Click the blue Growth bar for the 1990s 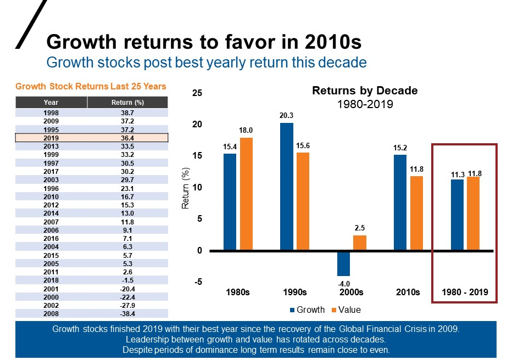[x=286, y=187]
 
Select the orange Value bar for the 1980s [x=246, y=194]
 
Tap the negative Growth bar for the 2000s [x=343, y=263]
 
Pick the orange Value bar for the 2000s [x=359, y=243]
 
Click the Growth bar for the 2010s [x=400, y=203]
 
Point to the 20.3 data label [x=286, y=116]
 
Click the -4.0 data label [x=343, y=283]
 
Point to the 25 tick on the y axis [x=197, y=93]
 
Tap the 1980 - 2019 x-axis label [x=465, y=292]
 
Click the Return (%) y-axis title [x=186, y=188]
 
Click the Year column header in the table [x=51, y=102]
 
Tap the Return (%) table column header [x=127, y=102]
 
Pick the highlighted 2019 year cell [x=51, y=138]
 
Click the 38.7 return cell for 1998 [x=127, y=111]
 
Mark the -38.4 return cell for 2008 [x=127, y=313]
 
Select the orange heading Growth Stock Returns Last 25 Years [x=91, y=86]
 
